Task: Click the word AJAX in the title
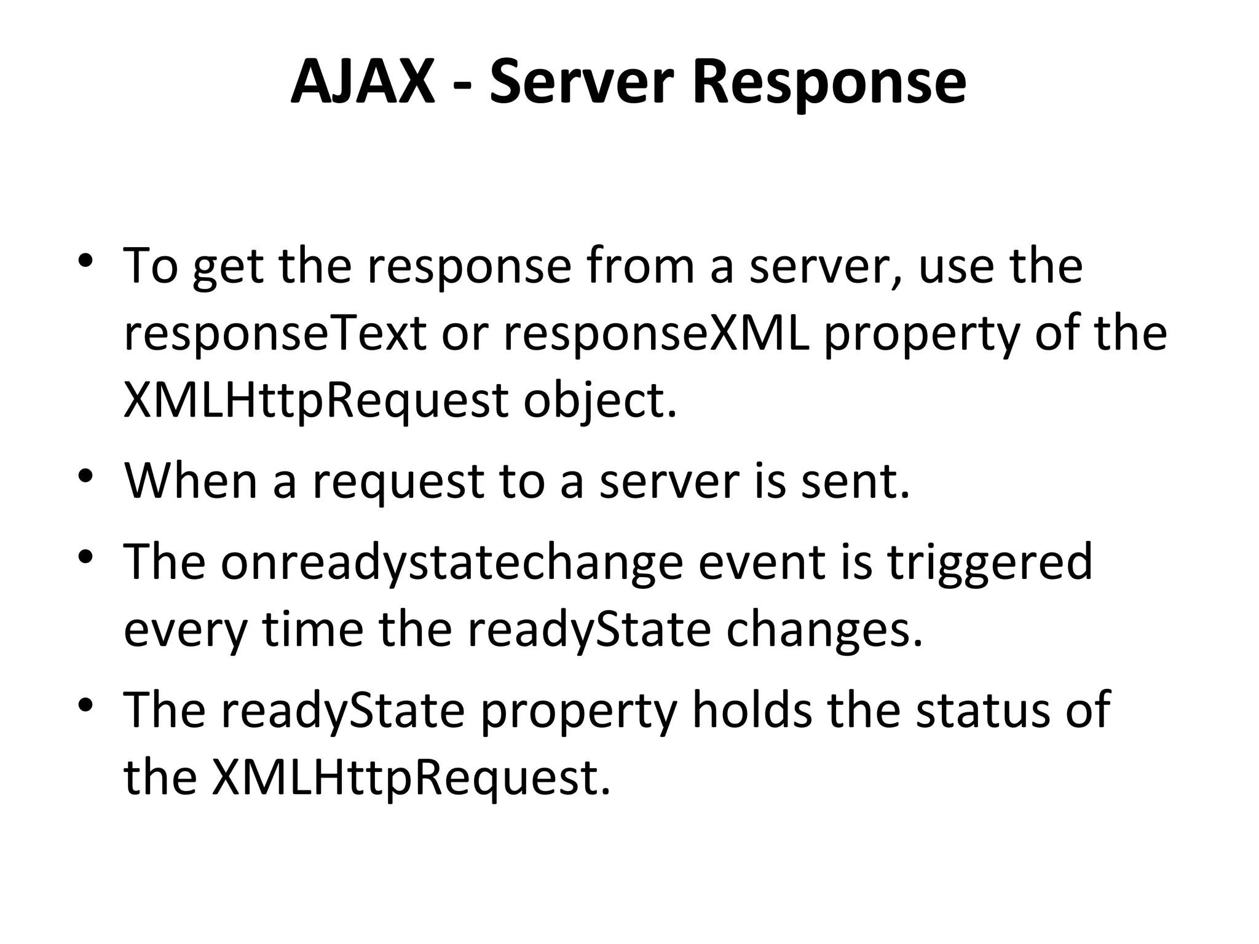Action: click(x=363, y=82)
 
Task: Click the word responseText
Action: click(x=275, y=334)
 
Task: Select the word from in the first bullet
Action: click(x=641, y=266)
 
